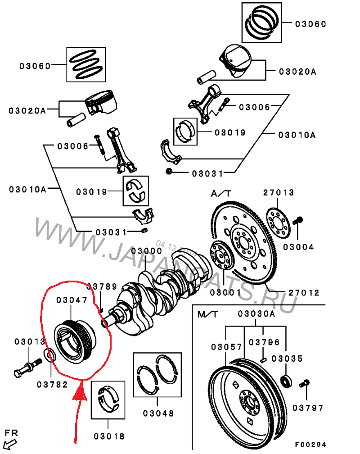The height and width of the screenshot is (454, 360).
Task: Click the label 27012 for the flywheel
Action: (x=304, y=293)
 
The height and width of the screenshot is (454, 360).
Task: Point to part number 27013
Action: (x=279, y=193)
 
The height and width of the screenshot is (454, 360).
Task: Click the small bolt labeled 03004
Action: (x=297, y=221)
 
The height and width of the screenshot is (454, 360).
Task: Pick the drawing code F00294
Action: (x=311, y=445)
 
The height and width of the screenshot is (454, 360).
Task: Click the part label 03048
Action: (x=158, y=413)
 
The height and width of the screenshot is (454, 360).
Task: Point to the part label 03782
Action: (x=52, y=385)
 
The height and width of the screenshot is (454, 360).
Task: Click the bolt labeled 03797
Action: (x=305, y=384)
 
